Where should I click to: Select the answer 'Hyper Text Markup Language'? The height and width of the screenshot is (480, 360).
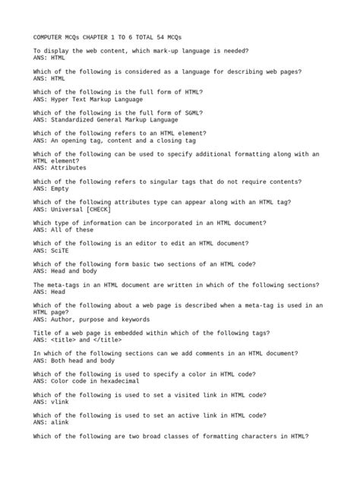93,99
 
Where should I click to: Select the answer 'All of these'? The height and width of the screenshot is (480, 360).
69,229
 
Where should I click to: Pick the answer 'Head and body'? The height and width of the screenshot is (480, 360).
71,270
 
